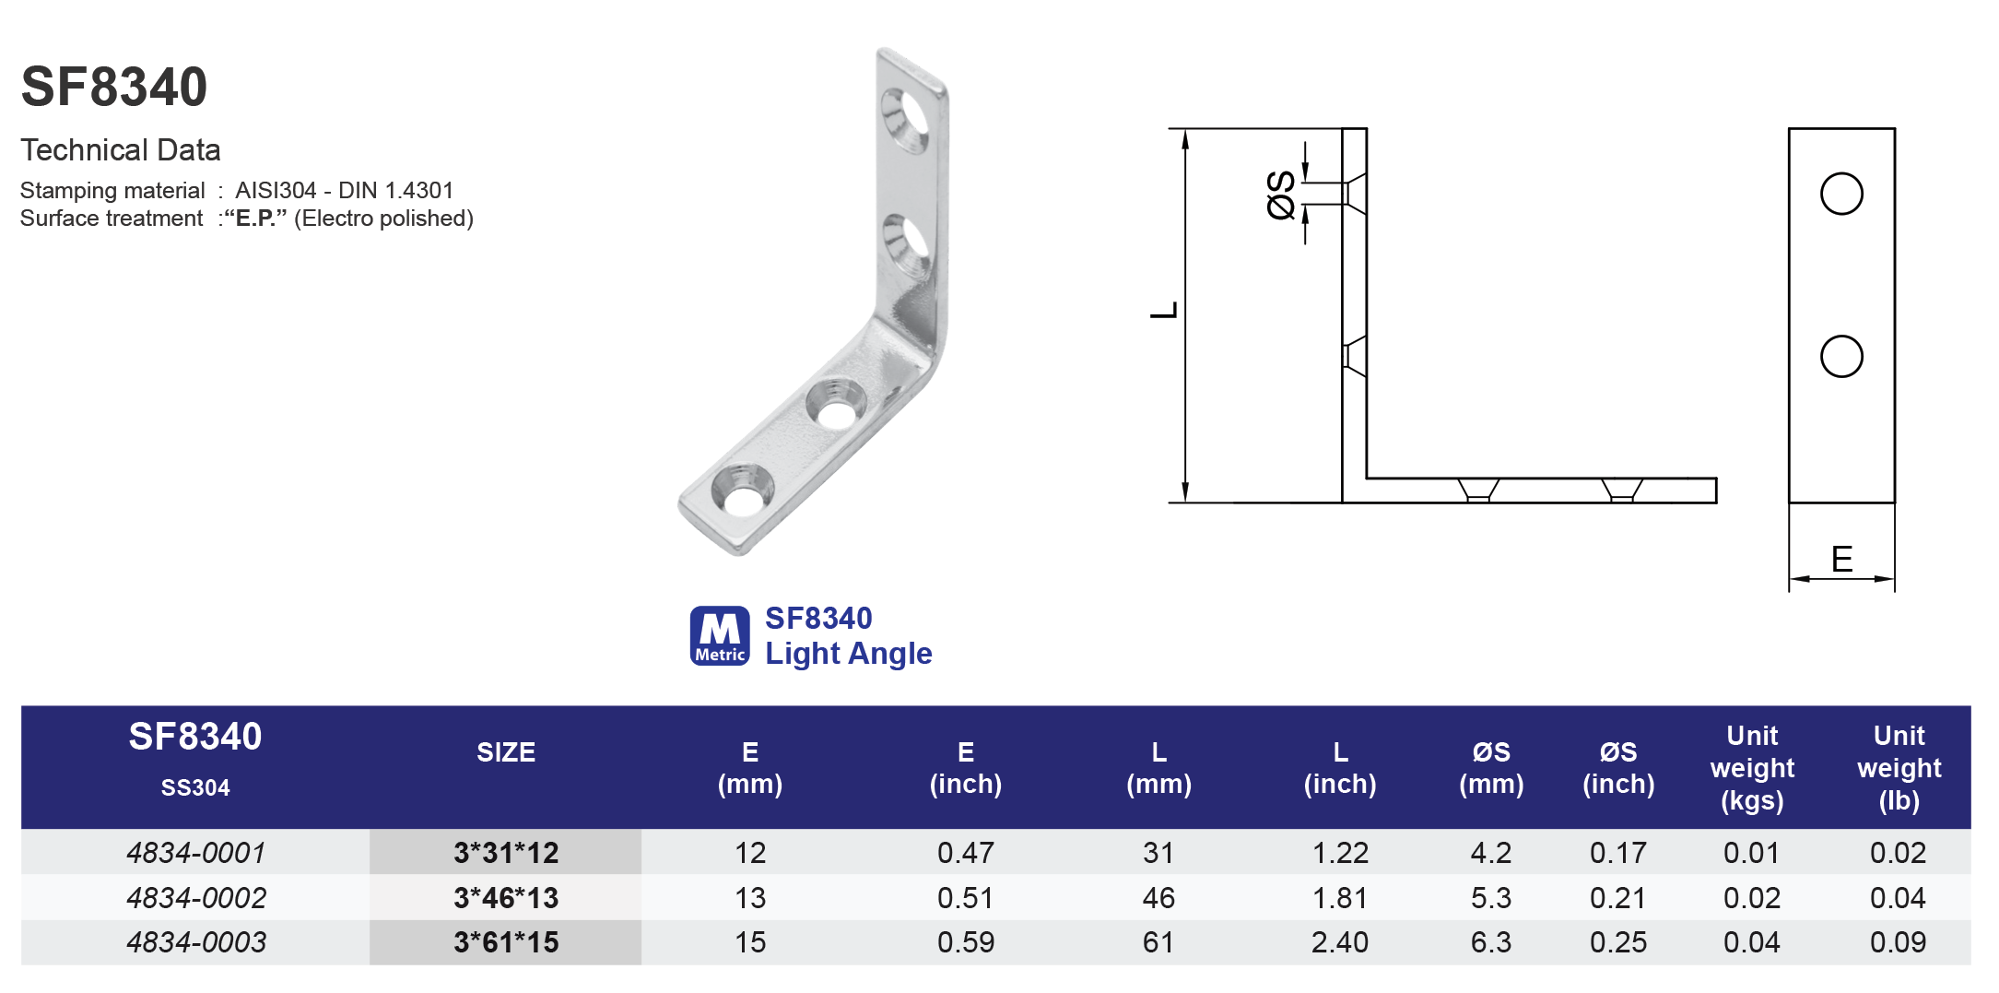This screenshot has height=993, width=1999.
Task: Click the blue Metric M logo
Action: click(x=719, y=635)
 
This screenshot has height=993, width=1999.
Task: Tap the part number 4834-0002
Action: click(x=196, y=897)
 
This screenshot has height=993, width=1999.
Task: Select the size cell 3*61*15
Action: click(x=505, y=942)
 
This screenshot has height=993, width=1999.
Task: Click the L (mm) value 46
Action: click(x=1158, y=897)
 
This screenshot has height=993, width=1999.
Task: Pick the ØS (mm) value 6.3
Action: click(x=1490, y=942)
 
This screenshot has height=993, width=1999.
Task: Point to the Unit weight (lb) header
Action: click(x=1899, y=767)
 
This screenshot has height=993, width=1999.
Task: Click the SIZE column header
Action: click(x=505, y=752)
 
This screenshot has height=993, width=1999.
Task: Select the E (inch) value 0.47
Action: click(x=965, y=853)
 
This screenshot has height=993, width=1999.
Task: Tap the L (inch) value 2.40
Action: click(x=1339, y=942)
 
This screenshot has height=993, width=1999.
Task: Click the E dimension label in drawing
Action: click(x=1841, y=560)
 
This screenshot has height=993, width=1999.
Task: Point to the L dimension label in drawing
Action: click(x=1164, y=311)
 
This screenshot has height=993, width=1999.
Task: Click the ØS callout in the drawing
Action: click(x=1282, y=195)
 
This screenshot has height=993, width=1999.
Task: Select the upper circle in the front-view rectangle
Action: click(x=1841, y=194)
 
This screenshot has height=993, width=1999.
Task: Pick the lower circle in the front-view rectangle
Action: click(x=1841, y=357)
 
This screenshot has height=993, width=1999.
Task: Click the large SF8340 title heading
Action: click(x=114, y=88)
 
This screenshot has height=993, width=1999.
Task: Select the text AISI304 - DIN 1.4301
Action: click(x=344, y=191)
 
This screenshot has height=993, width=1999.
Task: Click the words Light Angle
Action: click(x=848, y=654)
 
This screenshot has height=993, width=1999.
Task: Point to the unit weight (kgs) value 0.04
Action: click(x=1751, y=942)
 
